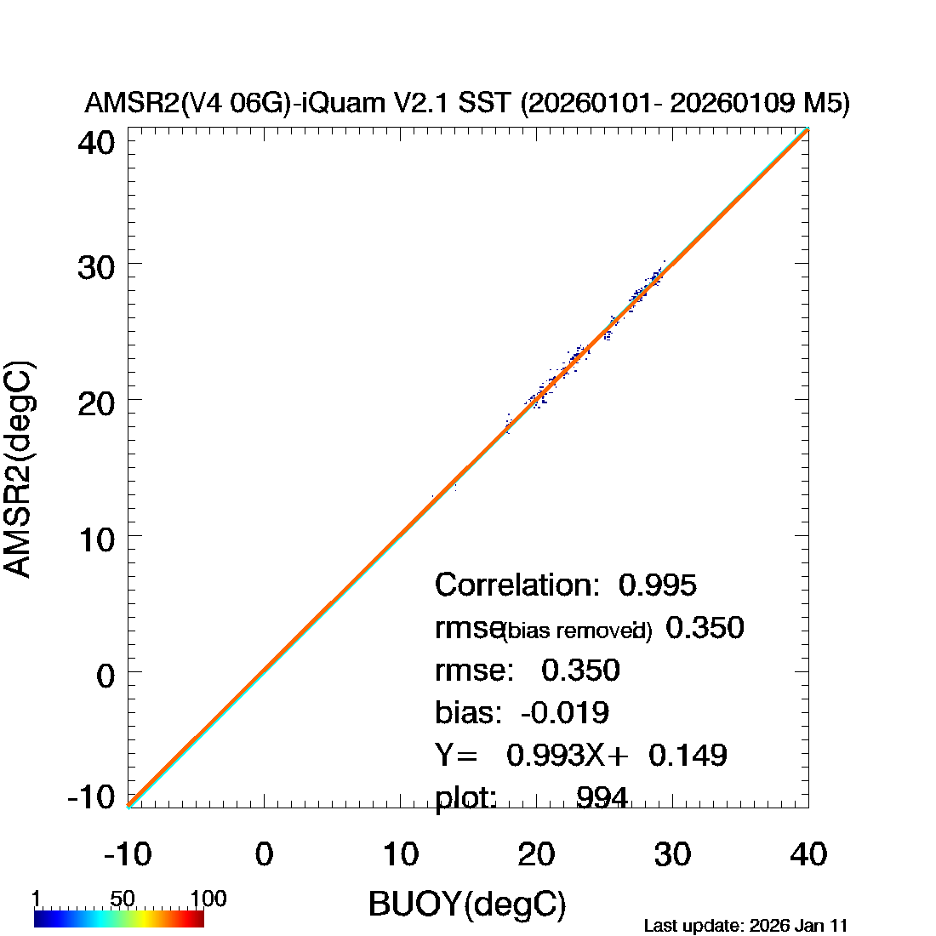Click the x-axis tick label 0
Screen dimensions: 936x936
(x=264, y=853)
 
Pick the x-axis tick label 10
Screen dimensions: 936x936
(x=401, y=853)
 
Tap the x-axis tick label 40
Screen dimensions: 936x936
(x=808, y=853)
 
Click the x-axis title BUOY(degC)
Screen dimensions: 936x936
(x=467, y=905)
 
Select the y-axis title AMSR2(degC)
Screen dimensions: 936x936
(x=19, y=471)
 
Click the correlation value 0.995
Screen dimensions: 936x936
(x=658, y=585)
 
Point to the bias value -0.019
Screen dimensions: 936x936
(x=564, y=712)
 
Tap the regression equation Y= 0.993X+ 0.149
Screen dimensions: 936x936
(x=581, y=755)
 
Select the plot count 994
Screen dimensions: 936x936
(x=602, y=798)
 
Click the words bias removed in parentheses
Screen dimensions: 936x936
(x=577, y=631)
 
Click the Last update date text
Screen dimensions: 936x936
(x=745, y=925)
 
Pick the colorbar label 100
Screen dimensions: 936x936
(x=208, y=899)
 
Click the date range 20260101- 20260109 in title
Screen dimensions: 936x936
(x=648, y=104)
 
